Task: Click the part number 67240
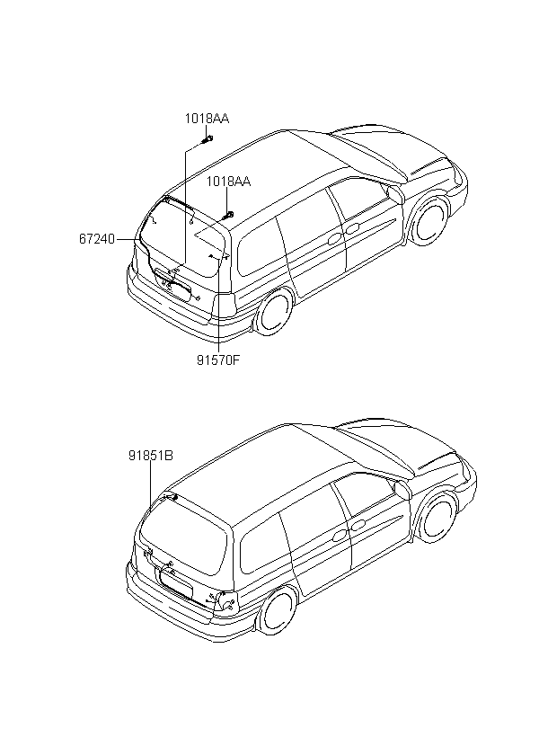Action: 96,239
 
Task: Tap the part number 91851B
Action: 150,456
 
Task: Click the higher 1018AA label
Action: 208,119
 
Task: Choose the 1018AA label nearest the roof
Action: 228,181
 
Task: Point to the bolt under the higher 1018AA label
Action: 207,138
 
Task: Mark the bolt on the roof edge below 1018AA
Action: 228,215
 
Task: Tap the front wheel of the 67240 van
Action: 429,220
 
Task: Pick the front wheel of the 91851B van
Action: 437,519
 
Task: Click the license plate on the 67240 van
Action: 175,289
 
